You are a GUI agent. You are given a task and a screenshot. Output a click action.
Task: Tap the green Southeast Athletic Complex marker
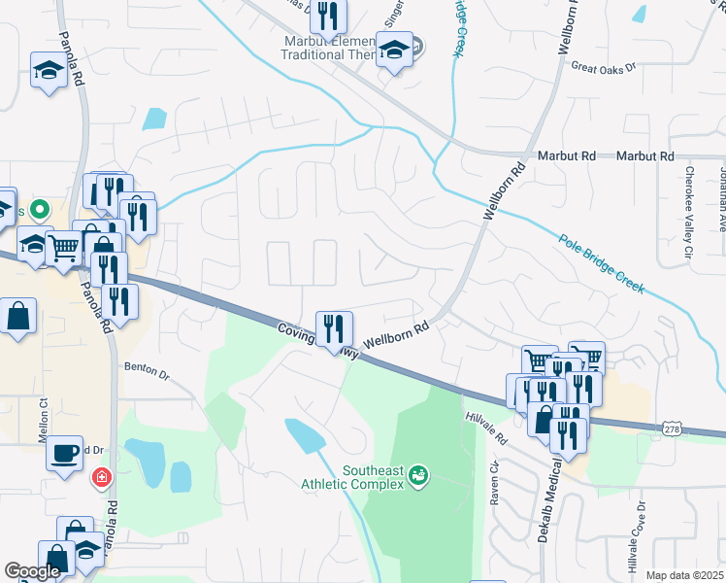click(419, 475)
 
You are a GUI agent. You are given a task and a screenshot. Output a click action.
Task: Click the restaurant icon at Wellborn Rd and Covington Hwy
click(334, 326)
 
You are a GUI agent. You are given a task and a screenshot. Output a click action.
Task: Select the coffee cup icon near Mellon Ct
click(65, 453)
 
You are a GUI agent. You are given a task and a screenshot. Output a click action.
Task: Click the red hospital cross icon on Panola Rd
click(101, 478)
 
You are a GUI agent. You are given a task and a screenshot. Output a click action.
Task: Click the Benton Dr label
click(147, 371)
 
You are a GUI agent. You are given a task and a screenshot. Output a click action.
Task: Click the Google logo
click(32, 571)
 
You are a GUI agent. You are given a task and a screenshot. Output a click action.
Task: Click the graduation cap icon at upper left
click(49, 70)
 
